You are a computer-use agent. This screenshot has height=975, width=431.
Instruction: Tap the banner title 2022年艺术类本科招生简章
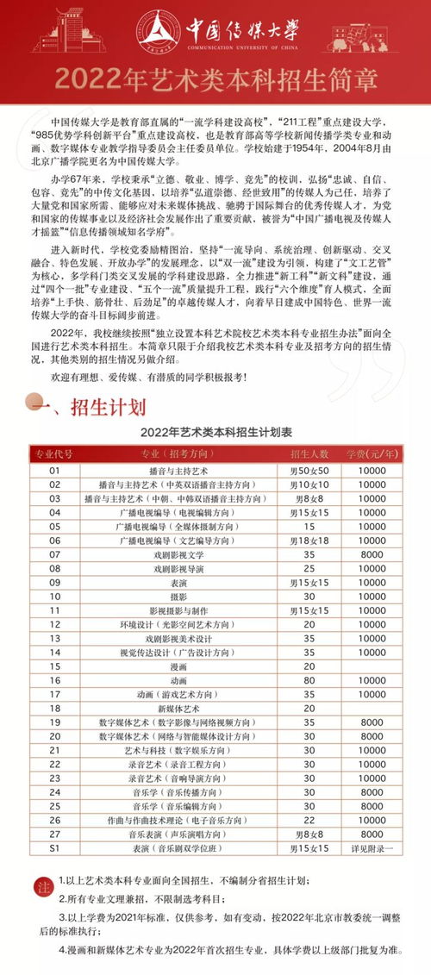215,79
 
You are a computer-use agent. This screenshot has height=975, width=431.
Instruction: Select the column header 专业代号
53,453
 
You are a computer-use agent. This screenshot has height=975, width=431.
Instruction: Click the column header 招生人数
310,453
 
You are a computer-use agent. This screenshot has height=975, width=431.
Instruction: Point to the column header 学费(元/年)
372,453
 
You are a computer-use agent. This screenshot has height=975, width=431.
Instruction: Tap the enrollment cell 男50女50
310,471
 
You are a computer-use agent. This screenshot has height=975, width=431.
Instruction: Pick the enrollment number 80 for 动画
310,679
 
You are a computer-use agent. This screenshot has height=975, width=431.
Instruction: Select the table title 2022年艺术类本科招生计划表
215,431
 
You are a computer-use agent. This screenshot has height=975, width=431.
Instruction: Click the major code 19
53,722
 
